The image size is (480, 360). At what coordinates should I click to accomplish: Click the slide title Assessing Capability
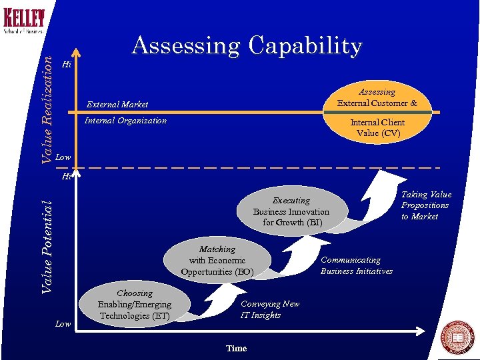tap(247, 46)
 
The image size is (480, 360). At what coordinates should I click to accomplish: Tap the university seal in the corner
tap(458, 338)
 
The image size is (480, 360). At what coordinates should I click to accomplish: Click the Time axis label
tap(236, 349)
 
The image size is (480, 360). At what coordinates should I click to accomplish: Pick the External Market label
tap(117, 104)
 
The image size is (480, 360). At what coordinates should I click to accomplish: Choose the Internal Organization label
tap(126, 121)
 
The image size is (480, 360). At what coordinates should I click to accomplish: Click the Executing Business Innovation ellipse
tap(291, 211)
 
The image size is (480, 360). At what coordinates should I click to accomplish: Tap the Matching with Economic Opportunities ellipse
tap(217, 260)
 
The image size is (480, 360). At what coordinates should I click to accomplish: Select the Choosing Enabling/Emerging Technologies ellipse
tap(135, 304)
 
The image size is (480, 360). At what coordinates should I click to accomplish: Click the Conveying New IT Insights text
tap(270, 309)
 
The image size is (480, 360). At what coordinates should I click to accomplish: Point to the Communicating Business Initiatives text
tap(357, 265)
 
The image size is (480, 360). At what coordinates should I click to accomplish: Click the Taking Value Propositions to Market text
tap(426, 205)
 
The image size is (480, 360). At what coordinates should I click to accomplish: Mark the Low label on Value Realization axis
tap(63, 157)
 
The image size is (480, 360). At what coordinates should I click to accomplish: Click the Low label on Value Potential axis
tap(63, 324)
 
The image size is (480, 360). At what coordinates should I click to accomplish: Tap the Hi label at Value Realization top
tap(66, 65)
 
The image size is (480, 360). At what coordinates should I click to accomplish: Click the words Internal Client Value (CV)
tap(377, 127)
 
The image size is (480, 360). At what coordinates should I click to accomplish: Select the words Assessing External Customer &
tap(377, 97)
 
